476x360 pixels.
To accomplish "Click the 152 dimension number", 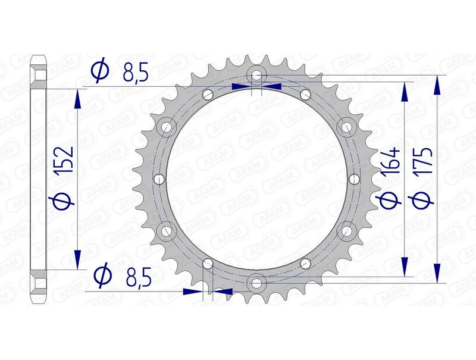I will [65, 159].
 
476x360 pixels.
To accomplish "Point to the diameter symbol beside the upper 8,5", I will [100, 72].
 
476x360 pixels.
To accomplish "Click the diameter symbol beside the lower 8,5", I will [102, 276].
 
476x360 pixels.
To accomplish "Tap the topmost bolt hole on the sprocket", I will [256, 76].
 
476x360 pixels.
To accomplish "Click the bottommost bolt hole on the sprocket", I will [256, 283].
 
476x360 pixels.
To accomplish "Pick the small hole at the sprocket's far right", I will [355, 179].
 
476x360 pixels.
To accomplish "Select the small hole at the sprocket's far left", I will [158, 179].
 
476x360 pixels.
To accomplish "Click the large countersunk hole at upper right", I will [347, 127].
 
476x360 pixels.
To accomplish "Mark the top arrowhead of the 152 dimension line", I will [77, 99].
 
